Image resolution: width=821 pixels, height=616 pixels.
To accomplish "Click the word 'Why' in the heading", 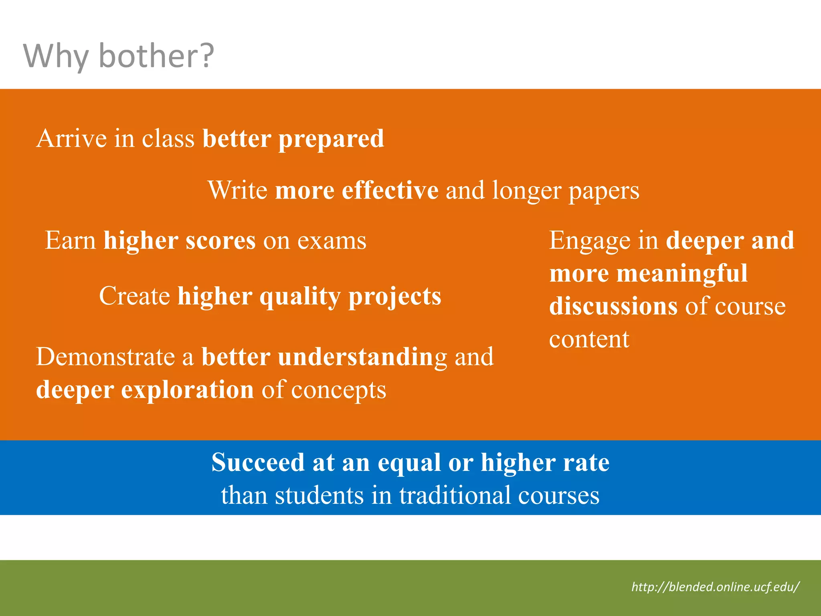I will point(55,56).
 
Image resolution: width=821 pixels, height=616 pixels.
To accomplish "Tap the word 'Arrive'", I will point(71,139).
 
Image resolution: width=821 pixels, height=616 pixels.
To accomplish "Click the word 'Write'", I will point(237,190).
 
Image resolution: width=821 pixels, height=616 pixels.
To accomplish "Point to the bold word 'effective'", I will point(390,190).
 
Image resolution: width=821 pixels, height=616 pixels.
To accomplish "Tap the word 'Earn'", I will point(70,241).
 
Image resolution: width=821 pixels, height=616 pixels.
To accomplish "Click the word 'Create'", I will point(134,296).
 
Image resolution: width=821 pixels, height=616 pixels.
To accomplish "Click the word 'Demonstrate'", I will point(105,357).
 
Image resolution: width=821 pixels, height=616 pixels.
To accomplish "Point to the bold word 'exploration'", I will point(187,390).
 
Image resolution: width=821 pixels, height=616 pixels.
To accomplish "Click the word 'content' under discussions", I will point(589,339).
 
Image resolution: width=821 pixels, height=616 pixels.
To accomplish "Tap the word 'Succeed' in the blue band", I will point(258,462).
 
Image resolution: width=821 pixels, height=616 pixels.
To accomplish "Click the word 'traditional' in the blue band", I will point(455,495).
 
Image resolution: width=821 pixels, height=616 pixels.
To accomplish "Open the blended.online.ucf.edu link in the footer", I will point(715,587).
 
